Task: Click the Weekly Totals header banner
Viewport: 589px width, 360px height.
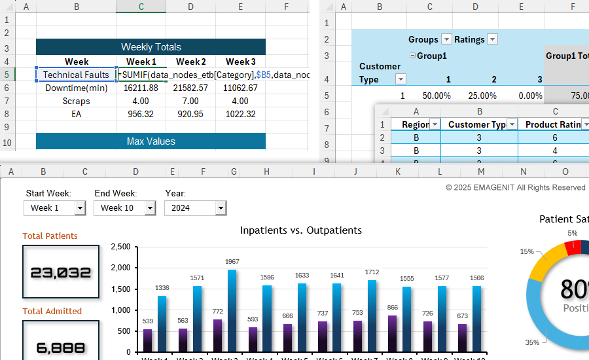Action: (x=151, y=47)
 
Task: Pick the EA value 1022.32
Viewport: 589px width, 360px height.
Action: (x=240, y=114)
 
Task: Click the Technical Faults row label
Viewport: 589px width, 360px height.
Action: (x=76, y=75)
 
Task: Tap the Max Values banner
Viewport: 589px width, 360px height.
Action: (x=151, y=141)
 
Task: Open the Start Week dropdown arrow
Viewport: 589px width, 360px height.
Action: (x=80, y=208)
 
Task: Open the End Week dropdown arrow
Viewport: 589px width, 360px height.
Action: (x=150, y=208)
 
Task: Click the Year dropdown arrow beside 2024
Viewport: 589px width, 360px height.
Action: (x=221, y=208)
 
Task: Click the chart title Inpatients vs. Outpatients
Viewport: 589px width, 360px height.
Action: (x=300, y=230)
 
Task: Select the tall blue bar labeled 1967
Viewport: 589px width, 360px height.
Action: (x=232, y=311)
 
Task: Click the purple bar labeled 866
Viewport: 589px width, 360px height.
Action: (x=392, y=334)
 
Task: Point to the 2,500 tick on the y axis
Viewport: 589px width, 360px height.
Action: (x=120, y=247)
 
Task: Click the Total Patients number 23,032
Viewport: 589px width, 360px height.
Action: (x=60, y=272)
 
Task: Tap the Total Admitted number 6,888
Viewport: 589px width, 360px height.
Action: (x=60, y=348)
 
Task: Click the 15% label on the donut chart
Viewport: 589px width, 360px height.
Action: (x=526, y=251)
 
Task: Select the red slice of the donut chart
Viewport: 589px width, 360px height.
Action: (x=573, y=248)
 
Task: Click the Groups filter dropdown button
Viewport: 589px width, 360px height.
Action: (x=446, y=39)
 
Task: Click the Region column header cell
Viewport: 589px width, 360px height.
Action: (x=415, y=124)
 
